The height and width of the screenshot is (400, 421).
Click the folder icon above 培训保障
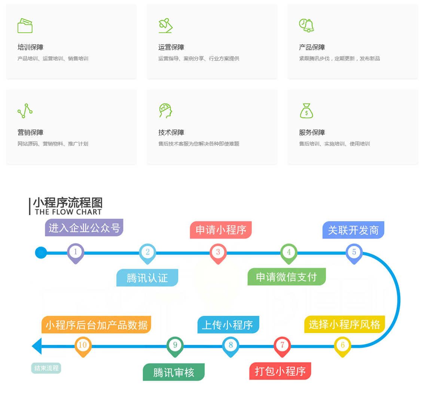[x=25, y=26]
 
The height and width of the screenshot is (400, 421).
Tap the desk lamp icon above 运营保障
[x=165, y=25]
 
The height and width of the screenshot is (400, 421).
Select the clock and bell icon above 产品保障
[x=306, y=25]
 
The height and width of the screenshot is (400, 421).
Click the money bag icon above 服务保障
[x=306, y=111]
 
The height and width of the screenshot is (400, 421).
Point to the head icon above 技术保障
[x=165, y=111]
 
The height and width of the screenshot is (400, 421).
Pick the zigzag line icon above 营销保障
[x=25, y=111]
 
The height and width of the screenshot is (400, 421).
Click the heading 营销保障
[x=30, y=132]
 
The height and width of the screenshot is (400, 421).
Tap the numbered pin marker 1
[x=76, y=252]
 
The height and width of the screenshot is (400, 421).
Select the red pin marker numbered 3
[x=218, y=252]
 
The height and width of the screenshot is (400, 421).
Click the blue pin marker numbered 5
[x=354, y=252]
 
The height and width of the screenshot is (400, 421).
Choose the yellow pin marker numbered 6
[x=342, y=345]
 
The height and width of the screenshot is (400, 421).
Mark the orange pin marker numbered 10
[x=83, y=345]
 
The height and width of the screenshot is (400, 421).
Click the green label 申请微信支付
[x=286, y=277]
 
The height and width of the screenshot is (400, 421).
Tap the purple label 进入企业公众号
[x=84, y=228]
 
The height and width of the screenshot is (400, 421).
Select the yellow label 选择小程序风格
[x=344, y=324]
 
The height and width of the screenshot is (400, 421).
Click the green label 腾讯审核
[x=174, y=372]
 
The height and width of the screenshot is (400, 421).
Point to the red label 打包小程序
[x=280, y=371]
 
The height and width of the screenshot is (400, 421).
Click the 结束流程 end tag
[x=46, y=368]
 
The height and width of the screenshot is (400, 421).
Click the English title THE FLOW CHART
[x=68, y=212]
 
